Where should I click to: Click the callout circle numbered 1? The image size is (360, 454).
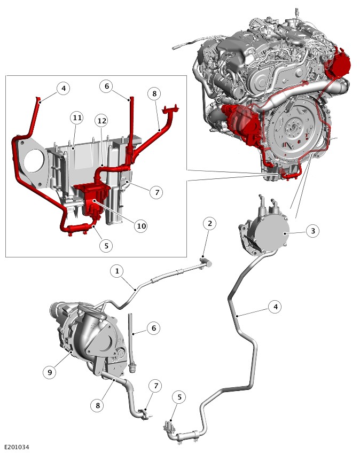pyautogui.click(x=117, y=271)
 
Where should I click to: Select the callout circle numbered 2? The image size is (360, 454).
pyautogui.click(x=210, y=223)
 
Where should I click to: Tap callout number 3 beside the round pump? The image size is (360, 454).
pyautogui.click(x=313, y=231)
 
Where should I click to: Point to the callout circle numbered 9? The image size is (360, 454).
pyautogui.click(x=50, y=372)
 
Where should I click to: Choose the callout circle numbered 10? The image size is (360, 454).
pyautogui.click(x=141, y=226)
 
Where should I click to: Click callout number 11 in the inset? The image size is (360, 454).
pyautogui.click(x=77, y=118)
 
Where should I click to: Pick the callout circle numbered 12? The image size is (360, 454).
pyautogui.click(x=101, y=121)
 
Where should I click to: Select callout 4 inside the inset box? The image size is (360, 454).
pyautogui.click(x=64, y=88)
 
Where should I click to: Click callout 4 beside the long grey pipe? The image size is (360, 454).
pyautogui.click(x=275, y=307)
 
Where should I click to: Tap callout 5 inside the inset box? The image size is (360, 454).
pyautogui.click(x=106, y=246)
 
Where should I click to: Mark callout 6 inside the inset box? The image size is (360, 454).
pyautogui.click(x=107, y=86)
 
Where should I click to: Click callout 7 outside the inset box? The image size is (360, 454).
pyautogui.click(x=156, y=386)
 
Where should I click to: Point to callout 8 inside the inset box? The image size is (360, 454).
pyautogui.click(x=154, y=93)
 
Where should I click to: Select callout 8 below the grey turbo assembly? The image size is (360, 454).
pyautogui.click(x=98, y=405)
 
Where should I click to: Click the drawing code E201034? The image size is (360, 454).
pyautogui.click(x=17, y=448)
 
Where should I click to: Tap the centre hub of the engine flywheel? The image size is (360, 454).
pyautogui.click(x=293, y=127)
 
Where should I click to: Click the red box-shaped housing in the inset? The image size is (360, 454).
pyautogui.click(x=92, y=199)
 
